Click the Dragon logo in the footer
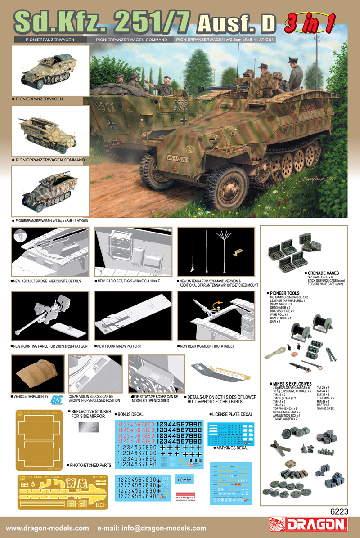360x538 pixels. tap(310, 525)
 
